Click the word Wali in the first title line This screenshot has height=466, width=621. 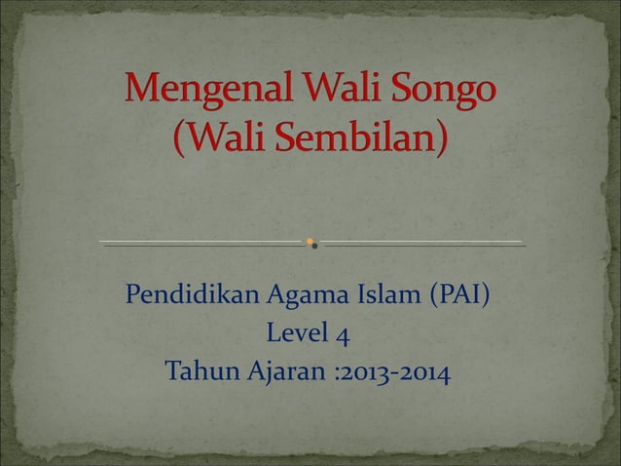[328, 97]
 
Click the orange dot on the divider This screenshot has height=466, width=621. [310, 240]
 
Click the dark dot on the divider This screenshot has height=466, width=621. [314, 246]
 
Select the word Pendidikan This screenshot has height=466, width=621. [180, 294]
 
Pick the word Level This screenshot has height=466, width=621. [295, 334]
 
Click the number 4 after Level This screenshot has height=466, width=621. [343, 336]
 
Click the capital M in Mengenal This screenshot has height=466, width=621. [139, 97]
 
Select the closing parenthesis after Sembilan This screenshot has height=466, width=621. [444, 141]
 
